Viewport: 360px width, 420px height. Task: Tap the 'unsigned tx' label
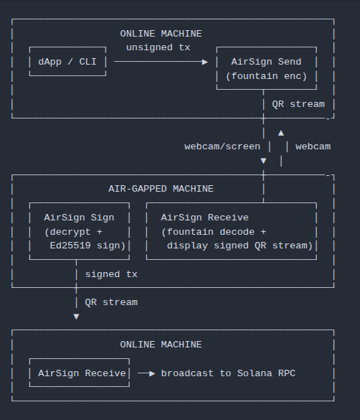pyautogui.click(x=158, y=47)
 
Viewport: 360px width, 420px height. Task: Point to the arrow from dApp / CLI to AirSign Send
pyautogui.click(x=161, y=62)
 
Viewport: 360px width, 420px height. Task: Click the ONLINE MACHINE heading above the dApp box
pyautogui.click(x=161, y=34)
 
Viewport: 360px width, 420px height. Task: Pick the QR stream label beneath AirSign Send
pyautogui.click(x=298, y=104)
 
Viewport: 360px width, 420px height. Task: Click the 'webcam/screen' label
pyautogui.click(x=222, y=146)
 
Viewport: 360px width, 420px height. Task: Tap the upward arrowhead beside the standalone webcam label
pyautogui.click(x=281, y=133)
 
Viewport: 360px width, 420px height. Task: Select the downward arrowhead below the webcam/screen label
pyautogui.click(x=263, y=161)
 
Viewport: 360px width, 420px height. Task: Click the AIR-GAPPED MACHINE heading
pyautogui.click(x=161, y=189)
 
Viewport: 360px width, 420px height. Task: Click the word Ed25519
pyautogui.click(x=70, y=246)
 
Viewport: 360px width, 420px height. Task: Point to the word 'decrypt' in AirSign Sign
pyautogui.click(x=70, y=232)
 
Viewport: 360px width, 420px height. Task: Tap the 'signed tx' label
pyautogui.click(x=111, y=274)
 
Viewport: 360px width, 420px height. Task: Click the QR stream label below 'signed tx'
pyautogui.click(x=111, y=302)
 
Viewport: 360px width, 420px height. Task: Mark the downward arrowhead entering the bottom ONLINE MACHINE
pyautogui.click(x=76, y=317)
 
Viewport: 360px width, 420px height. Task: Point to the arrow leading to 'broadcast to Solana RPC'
pyautogui.click(x=146, y=373)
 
